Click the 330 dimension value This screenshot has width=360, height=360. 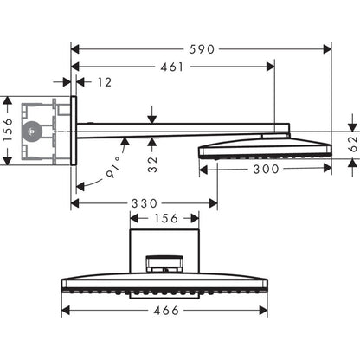click(144, 203)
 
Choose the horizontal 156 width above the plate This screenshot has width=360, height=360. click(167, 219)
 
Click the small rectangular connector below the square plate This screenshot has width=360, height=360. click(166, 262)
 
